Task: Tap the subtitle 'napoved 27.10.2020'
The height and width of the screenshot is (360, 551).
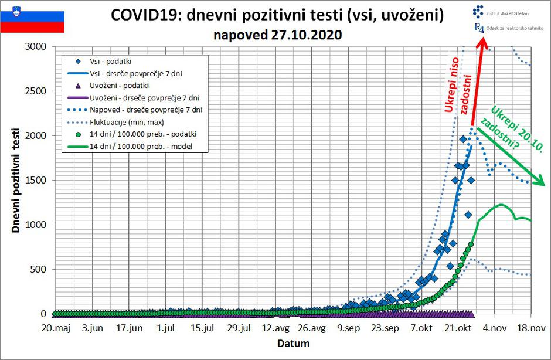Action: click(x=277, y=35)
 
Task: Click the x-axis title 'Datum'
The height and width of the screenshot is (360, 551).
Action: click(x=292, y=343)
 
